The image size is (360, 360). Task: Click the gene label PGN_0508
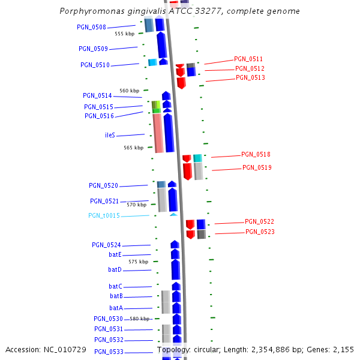91,28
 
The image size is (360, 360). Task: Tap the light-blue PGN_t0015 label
104,216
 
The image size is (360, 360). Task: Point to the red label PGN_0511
248,59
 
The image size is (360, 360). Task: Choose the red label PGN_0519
257,168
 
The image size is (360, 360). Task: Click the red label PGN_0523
260,232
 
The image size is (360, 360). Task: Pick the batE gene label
115,255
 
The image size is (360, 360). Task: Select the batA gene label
116,308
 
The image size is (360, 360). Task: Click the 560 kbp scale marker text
129,91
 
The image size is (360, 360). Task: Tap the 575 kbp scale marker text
138,262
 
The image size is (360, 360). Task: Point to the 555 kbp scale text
124,34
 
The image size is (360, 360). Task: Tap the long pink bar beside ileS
158,133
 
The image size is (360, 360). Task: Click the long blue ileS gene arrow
169,133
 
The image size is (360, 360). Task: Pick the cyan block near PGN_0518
197,158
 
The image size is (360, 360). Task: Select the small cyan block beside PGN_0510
152,62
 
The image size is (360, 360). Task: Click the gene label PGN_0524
106,245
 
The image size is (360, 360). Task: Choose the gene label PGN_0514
97,96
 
